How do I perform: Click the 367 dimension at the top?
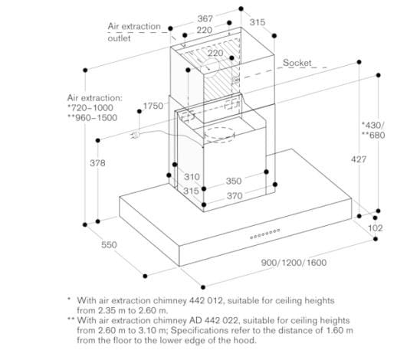[205, 18]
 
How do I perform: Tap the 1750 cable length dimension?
[153, 106]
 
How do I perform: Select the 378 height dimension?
[97, 162]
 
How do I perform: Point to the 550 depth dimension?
[109, 244]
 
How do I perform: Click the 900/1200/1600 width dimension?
[294, 262]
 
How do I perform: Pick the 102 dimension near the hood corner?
[376, 228]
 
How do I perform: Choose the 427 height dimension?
[359, 159]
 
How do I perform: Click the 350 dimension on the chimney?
[234, 181]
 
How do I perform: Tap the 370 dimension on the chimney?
[235, 196]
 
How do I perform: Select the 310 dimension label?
[192, 177]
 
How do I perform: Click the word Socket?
[297, 63]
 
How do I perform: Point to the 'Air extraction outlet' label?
[134, 32]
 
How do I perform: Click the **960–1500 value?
[93, 118]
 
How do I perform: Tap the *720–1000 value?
[90, 108]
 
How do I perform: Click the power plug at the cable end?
[135, 135]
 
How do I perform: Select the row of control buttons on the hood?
[265, 234]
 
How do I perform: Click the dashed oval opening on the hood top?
[220, 135]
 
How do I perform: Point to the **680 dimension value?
[373, 135]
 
